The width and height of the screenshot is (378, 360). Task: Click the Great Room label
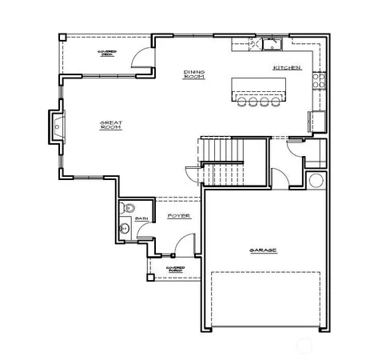pos(109,126)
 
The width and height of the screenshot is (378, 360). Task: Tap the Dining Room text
pos(194,74)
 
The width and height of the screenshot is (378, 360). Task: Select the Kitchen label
pos(287,68)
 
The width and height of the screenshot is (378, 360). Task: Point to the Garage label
pos(263,250)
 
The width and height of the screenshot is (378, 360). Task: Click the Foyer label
pos(177,216)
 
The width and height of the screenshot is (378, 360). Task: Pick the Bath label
pos(141,218)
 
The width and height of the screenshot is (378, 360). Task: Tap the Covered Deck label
pos(107,53)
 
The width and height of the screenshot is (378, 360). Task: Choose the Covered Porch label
pos(175,270)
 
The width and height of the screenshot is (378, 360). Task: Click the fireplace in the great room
pos(57,126)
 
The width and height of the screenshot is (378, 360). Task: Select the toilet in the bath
pos(126,210)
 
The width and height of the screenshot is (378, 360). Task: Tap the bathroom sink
pos(124,229)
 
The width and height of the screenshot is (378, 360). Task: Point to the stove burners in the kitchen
pos(318,79)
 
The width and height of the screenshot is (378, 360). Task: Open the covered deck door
pos(141,58)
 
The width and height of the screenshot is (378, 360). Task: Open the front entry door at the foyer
pos(185,244)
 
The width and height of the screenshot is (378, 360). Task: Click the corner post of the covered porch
pos(149,277)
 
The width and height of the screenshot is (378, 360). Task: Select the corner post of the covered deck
pos(62,37)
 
